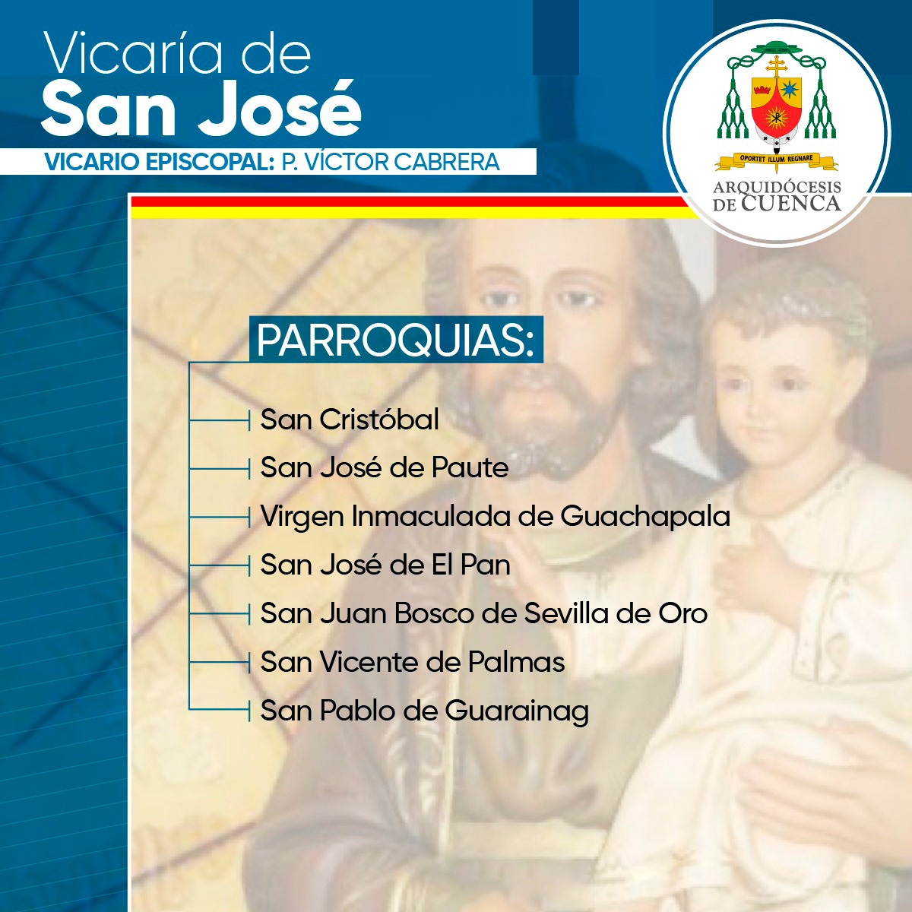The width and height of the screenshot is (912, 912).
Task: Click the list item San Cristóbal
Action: (350, 420)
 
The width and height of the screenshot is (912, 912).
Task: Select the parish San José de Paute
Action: (385, 467)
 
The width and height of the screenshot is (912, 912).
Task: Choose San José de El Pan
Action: (385, 565)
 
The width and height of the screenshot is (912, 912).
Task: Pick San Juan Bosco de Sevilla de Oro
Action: (483, 613)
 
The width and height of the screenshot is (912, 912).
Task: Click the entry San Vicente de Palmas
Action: (412, 662)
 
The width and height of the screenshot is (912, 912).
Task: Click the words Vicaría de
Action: (177, 52)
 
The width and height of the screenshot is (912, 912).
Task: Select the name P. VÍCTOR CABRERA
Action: (391, 162)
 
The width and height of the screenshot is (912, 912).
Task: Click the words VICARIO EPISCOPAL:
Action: (160, 162)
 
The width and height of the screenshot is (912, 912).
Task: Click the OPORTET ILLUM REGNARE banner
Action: (776, 160)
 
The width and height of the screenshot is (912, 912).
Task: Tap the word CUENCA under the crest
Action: (791, 204)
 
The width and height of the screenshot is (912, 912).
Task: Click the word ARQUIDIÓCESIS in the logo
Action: (777, 187)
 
